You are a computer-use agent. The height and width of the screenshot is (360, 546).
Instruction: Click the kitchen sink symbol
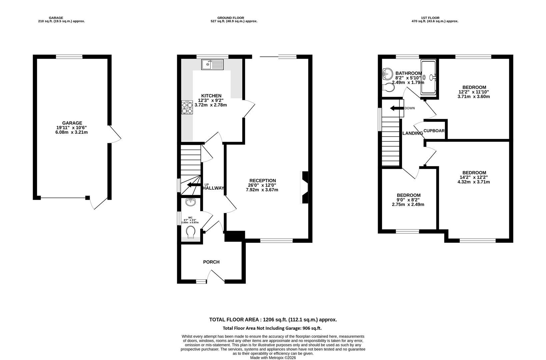(x=213, y=65)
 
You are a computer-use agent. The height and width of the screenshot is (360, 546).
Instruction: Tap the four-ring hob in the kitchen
(x=187, y=107)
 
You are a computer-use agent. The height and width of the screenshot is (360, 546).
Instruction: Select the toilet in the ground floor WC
(x=191, y=232)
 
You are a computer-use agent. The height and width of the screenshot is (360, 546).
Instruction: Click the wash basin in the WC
(x=191, y=202)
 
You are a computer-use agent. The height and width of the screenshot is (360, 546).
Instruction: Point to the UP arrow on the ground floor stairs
(x=194, y=185)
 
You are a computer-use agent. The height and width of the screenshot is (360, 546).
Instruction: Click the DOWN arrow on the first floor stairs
(x=397, y=108)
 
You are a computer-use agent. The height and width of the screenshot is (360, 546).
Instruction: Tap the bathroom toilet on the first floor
(x=389, y=88)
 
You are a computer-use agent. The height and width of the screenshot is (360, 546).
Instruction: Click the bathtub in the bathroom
(x=429, y=77)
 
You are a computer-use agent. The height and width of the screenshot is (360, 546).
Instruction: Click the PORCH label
(x=211, y=262)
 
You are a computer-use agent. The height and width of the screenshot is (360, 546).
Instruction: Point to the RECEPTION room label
(x=263, y=181)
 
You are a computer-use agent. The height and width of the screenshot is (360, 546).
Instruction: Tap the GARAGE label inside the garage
(x=72, y=123)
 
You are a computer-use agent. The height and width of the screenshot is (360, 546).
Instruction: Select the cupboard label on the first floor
(x=434, y=131)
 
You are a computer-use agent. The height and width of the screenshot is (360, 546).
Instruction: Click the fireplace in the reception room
(x=304, y=187)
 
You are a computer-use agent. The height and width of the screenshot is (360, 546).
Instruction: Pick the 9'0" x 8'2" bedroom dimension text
(x=408, y=200)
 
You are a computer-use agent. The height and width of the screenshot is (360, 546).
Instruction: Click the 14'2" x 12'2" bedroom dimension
(x=474, y=177)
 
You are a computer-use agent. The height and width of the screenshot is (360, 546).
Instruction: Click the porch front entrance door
(x=215, y=276)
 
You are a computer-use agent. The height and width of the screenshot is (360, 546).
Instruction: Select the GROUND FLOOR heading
(x=231, y=18)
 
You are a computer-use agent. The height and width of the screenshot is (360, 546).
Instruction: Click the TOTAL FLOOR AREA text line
(x=273, y=320)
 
